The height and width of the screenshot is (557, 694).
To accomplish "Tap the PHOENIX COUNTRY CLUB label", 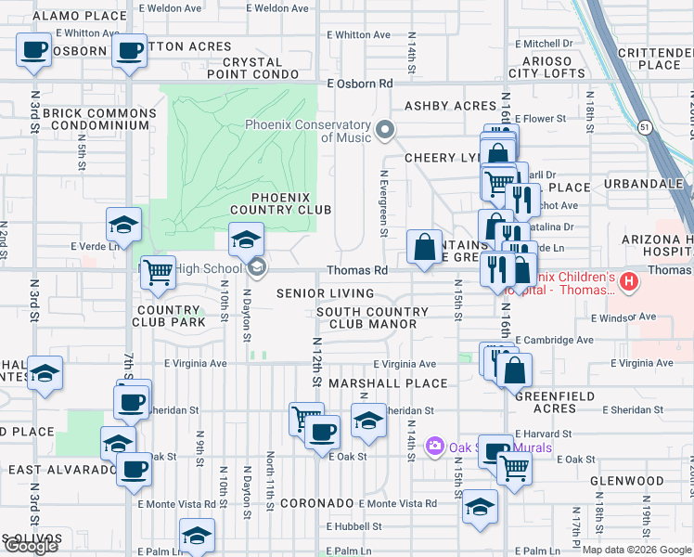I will pyautogui.click(x=291, y=203).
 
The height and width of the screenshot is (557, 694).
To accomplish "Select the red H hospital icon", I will pyautogui.click(x=630, y=280).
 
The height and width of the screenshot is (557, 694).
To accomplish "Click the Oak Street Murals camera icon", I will pyautogui.click(x=434, y=447).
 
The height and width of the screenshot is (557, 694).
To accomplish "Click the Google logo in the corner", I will pyautogui.click(x=31, y=546).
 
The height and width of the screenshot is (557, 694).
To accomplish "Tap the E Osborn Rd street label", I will pyautogui.click(x=361, y=84).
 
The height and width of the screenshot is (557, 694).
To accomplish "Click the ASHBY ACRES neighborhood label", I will pyautogui.click(x=450, y=107).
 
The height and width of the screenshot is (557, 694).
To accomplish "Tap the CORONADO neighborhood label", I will pyautogui.click(x=314, y=503).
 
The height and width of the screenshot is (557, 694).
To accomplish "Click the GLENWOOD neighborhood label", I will pyautogui.click(x=631, y=481).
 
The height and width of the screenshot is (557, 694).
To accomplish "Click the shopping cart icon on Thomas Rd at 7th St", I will pyautogui.click(x=158, y=271).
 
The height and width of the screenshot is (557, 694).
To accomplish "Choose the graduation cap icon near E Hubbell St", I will pyautogui.click(x=480, y=507).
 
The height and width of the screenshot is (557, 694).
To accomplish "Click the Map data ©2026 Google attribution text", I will pyautogui.click(x=636, y=550).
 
